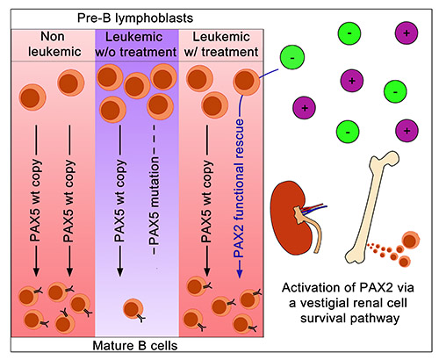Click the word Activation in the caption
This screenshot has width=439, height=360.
pyautogui.click(x=303, y=288)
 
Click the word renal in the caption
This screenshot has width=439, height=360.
pyautogui.click(x=364, y=305)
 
